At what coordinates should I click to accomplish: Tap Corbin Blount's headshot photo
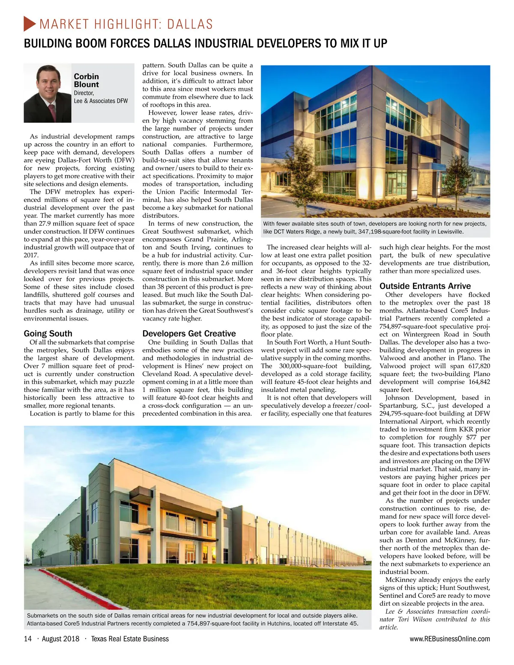(x=47, y=93)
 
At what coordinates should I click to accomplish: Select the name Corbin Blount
(x=86, y=80)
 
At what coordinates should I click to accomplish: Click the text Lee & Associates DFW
(x=101, y=101)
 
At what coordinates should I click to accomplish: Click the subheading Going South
(x=48, y=333)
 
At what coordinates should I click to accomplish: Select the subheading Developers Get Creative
(x=189, y=333)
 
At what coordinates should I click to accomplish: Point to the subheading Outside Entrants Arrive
(x=425, y=286)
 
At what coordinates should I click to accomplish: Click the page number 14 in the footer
(x=28, y=639)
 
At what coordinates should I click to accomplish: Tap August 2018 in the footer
(x=60, y=639)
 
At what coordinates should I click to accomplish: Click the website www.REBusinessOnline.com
(x=450, y=639)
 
